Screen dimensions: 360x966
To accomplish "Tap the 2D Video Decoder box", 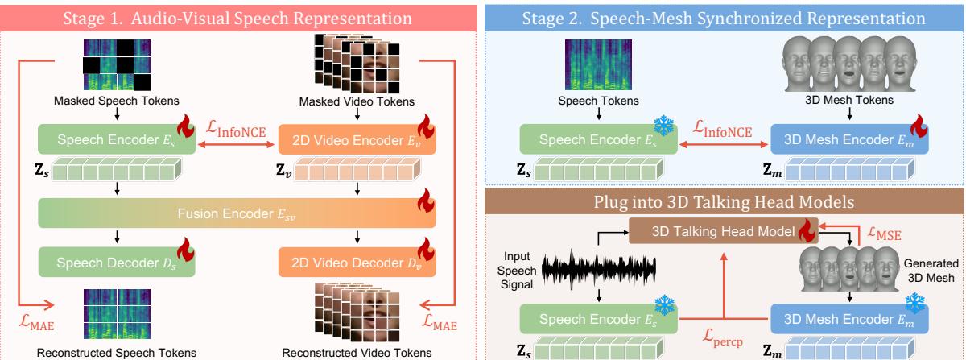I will tap(357, 262).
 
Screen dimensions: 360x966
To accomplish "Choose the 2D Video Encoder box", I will tap(357, 139).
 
